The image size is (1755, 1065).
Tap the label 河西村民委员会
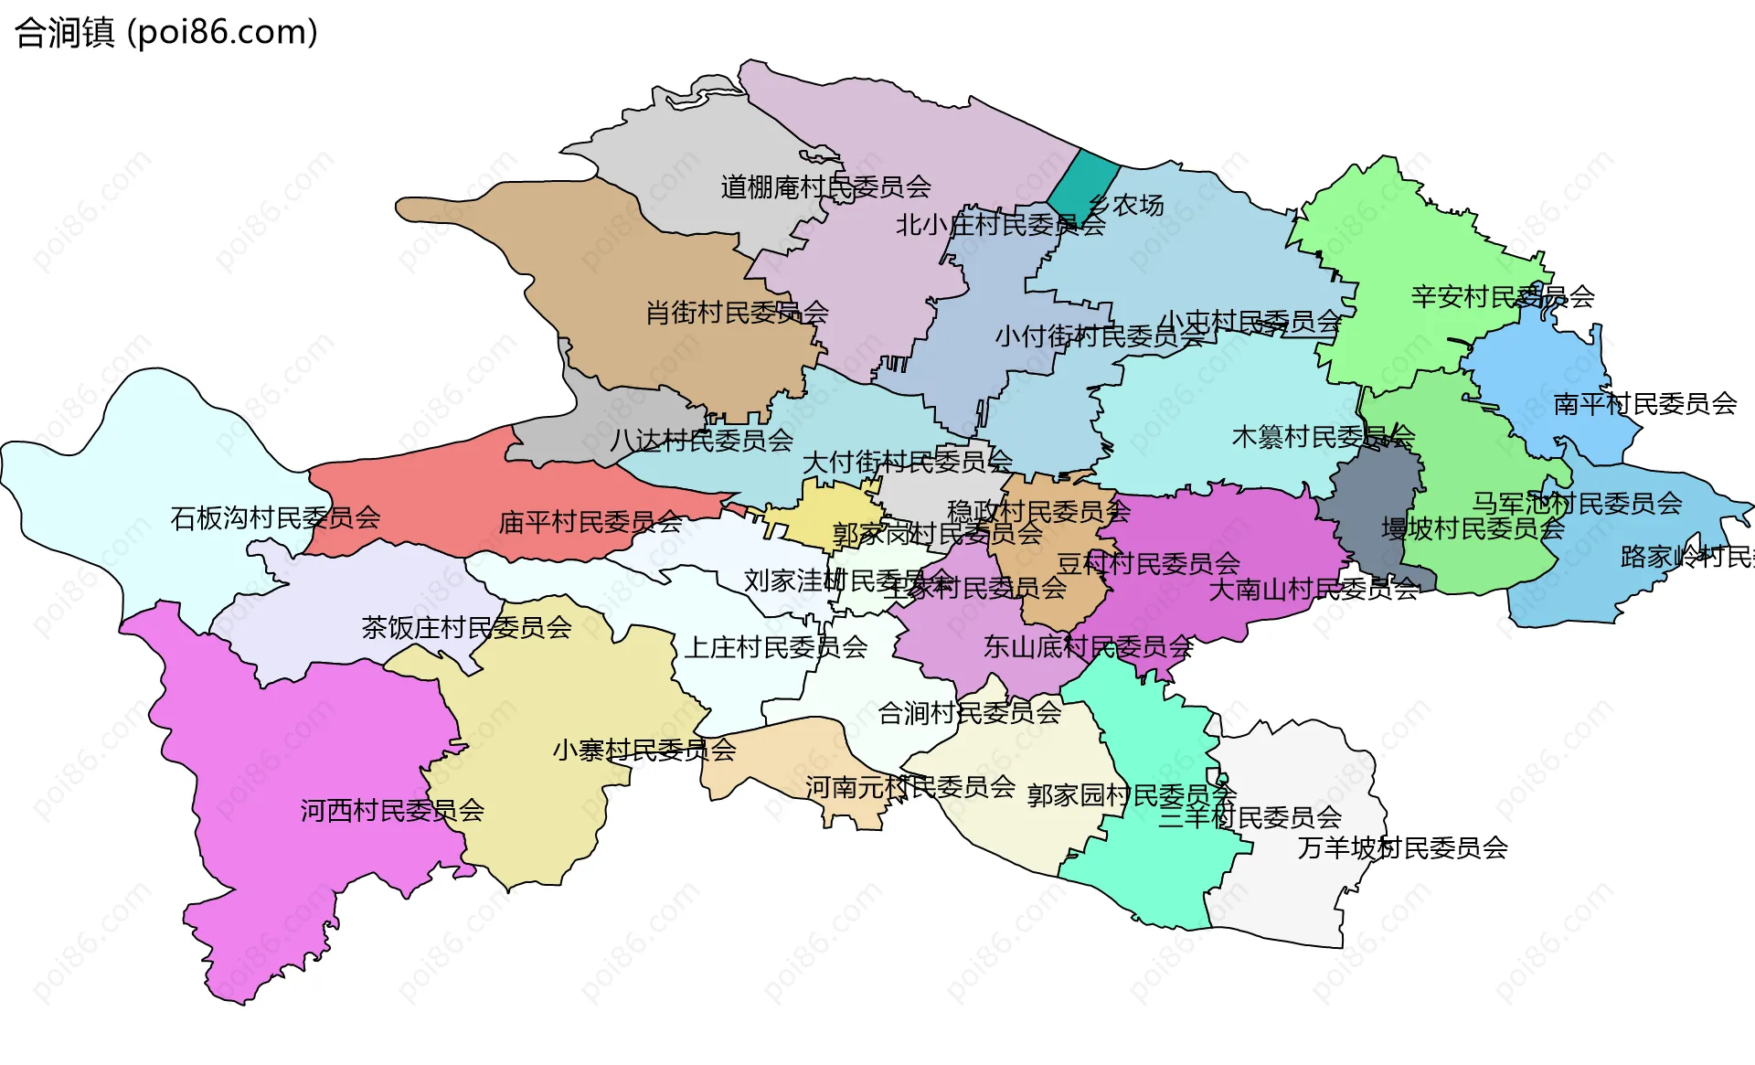(x=392, y=811)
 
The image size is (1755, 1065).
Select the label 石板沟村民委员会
(x=275, y=518)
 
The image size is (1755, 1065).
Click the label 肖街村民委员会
(x=737, y=314)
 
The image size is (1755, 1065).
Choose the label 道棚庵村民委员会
(x=825, y=187)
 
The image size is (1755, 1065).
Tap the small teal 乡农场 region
(x=1081, y=187)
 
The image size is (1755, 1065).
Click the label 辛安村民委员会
(x=1503, y=297)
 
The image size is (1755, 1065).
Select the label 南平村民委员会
(x=1645, y=404)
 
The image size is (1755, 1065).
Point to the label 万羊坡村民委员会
(x=1402, y=848)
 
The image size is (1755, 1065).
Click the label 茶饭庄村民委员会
(x=466, y=628)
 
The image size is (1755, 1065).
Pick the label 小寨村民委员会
(x=643, y=751)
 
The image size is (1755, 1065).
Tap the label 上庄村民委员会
(x=776, y=648)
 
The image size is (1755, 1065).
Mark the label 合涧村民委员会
(x=969, y=713)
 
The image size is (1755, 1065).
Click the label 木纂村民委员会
(x=1323, y=438)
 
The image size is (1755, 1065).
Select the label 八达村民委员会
(x=701, y=441)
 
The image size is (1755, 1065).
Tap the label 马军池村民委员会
(x=1576, y=503)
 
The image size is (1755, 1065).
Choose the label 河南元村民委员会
(x=909, y=787)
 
